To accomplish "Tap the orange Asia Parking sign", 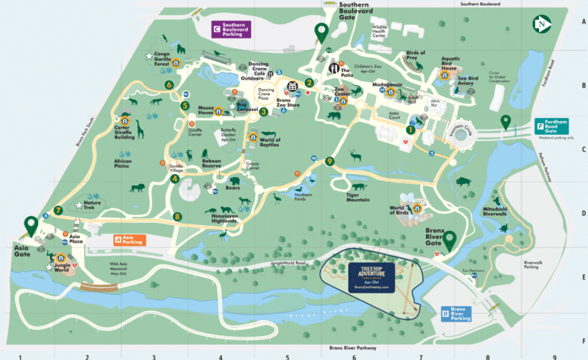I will pos(129,240).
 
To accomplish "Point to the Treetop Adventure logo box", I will pos(372,278).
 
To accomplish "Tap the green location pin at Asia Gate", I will pos(31,225).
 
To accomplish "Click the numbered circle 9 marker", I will pos(329,161).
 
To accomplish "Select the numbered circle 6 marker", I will pos(168,84).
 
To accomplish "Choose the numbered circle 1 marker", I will pos(410,130).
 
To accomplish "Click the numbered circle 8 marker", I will pos(177,216).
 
